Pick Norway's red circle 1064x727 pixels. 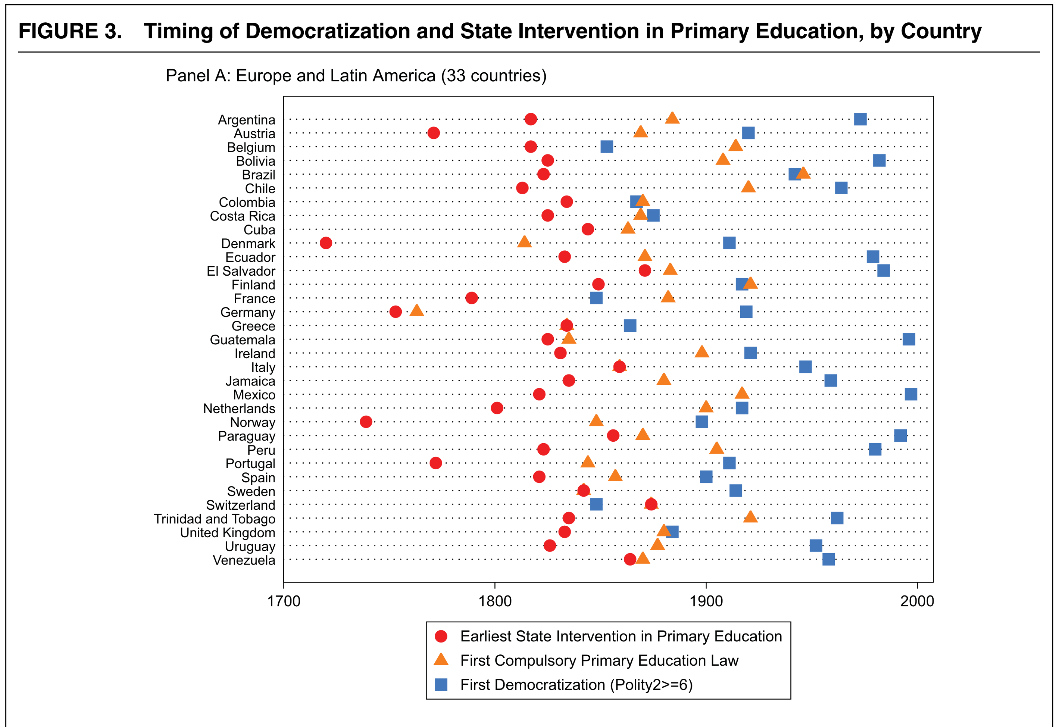pos(365,422)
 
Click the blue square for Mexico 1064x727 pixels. pos(911,394)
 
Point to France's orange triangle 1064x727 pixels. pos(668,297)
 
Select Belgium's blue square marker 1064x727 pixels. pos(607,147)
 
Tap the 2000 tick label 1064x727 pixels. pos(916,601)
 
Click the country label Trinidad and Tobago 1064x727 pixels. pos(214,519)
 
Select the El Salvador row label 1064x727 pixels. pos(241,271)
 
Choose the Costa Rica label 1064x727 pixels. pos(242,216)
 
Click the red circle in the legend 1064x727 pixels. pos(441,636)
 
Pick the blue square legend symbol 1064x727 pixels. pos(441,685)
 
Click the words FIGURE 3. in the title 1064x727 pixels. pos(70,31)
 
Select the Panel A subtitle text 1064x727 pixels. pos(356,76)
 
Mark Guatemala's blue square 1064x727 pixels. pos(908,339)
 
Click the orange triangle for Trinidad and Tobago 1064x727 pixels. pos(750,517)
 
